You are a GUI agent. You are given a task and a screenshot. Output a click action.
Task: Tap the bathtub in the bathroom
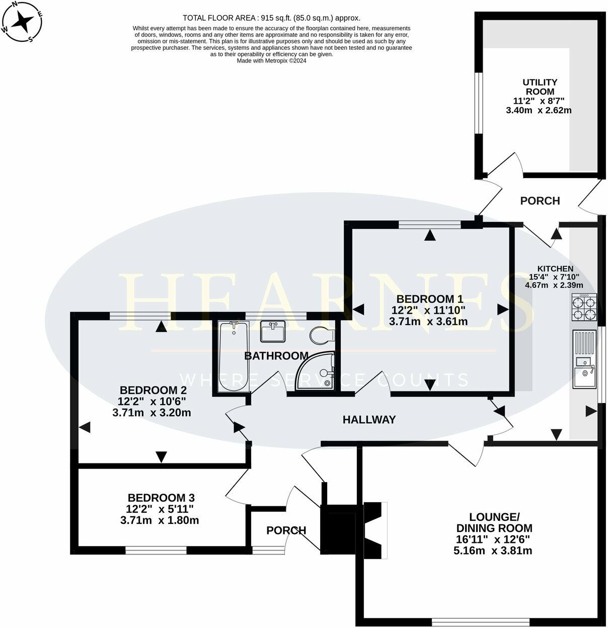(x=234, y=357)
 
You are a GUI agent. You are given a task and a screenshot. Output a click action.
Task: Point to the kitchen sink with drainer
(x=584, y=359)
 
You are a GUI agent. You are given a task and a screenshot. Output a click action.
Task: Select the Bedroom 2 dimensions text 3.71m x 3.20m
(x=151, y=413)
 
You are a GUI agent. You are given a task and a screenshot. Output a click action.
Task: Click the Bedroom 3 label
(x=160, y=497)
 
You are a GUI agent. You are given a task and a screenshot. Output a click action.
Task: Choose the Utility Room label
(x=540, y=87)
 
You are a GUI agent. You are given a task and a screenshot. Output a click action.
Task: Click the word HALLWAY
(x=369, y=420)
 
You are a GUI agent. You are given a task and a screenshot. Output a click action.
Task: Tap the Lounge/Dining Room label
(x=494, y=522)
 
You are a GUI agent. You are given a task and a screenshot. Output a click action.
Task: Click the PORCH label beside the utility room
(x=540, y=201)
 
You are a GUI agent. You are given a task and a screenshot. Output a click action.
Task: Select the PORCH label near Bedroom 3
(x=286, y=530)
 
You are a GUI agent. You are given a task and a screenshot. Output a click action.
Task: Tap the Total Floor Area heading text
(x=271, y=18)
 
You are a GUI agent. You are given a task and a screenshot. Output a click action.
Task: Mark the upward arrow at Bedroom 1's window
(x=429, y=235)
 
